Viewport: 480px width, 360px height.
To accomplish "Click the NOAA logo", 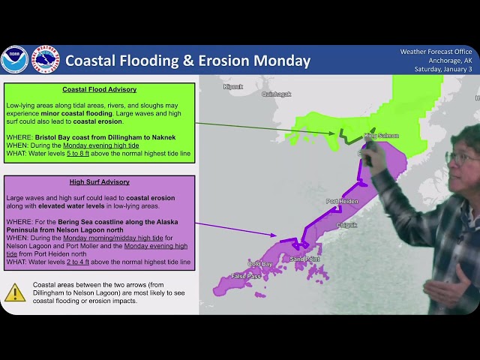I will (14, 60).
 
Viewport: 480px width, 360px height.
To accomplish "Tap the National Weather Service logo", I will (45, 60).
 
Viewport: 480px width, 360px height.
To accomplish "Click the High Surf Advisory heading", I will (99, 182).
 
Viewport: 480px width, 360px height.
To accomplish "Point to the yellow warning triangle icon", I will (15, 293).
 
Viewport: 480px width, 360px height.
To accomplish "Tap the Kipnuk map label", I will (233, 87).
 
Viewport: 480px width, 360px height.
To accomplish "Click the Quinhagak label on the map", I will (276, 94).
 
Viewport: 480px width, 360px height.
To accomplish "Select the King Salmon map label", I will (381, 136).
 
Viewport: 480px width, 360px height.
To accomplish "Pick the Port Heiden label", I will (342, 202).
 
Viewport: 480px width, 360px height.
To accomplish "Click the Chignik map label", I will (346, 224).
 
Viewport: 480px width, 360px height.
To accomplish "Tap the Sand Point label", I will (305, 258).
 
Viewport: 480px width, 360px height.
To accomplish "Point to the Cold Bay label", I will (260, 263).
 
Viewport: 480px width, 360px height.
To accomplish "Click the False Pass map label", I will (243, 276).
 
